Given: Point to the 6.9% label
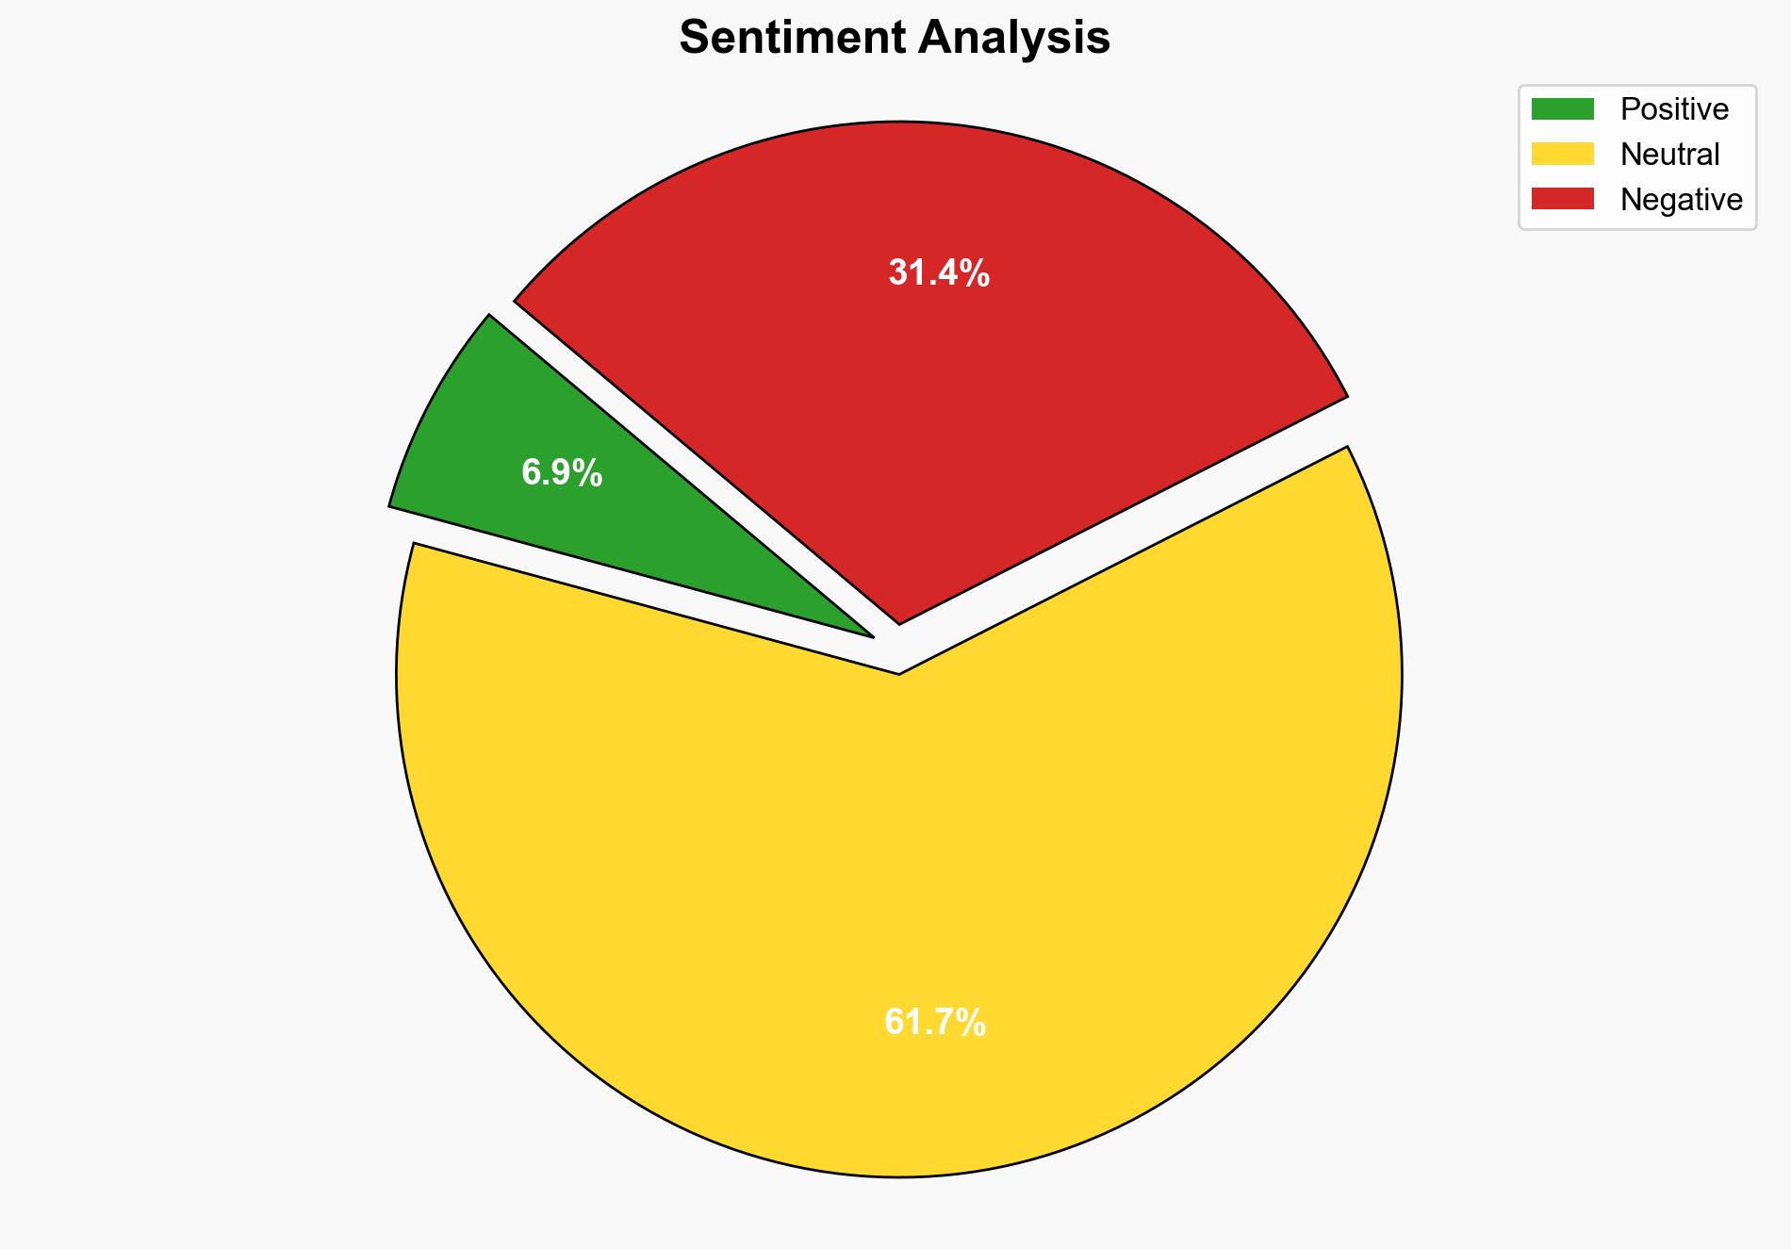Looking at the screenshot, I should [x=562, y=473].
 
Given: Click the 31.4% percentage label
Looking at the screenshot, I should [x=939, y=273].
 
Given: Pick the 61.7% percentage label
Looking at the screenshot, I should [x=935, y=1023].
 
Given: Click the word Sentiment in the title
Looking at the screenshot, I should [x=792, y=39].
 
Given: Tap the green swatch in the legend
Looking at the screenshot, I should [x=1562, y=109].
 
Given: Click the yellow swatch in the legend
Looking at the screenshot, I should [x=1562, y=154].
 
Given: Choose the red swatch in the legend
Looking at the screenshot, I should [x=1562, y=199].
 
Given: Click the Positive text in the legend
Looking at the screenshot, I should [x=1674, y=109].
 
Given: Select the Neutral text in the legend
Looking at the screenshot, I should [x=1669, y=155].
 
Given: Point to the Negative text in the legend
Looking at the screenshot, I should [x=1681, y=200].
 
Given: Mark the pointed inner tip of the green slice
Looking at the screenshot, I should [x=872, y=636].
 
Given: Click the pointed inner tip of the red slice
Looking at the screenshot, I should [x=899, y=622].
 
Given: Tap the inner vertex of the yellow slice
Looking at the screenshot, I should [x=899, y=673].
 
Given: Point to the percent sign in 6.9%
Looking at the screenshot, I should [x=589, y=473].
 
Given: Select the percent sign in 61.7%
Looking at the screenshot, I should [x=972, y=1023].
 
